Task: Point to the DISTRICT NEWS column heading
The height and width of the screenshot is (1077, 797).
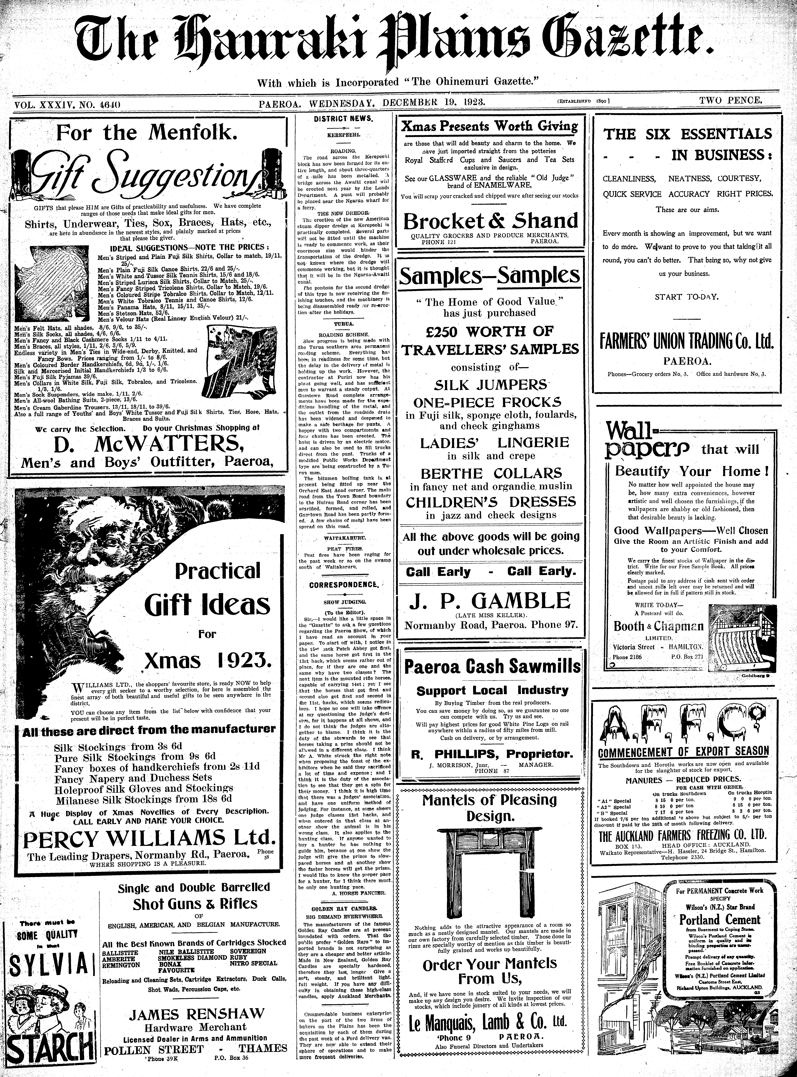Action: [343, 119]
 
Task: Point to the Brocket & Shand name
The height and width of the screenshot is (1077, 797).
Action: [490, 221]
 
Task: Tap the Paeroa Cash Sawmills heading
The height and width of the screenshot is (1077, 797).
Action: [492, 667]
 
